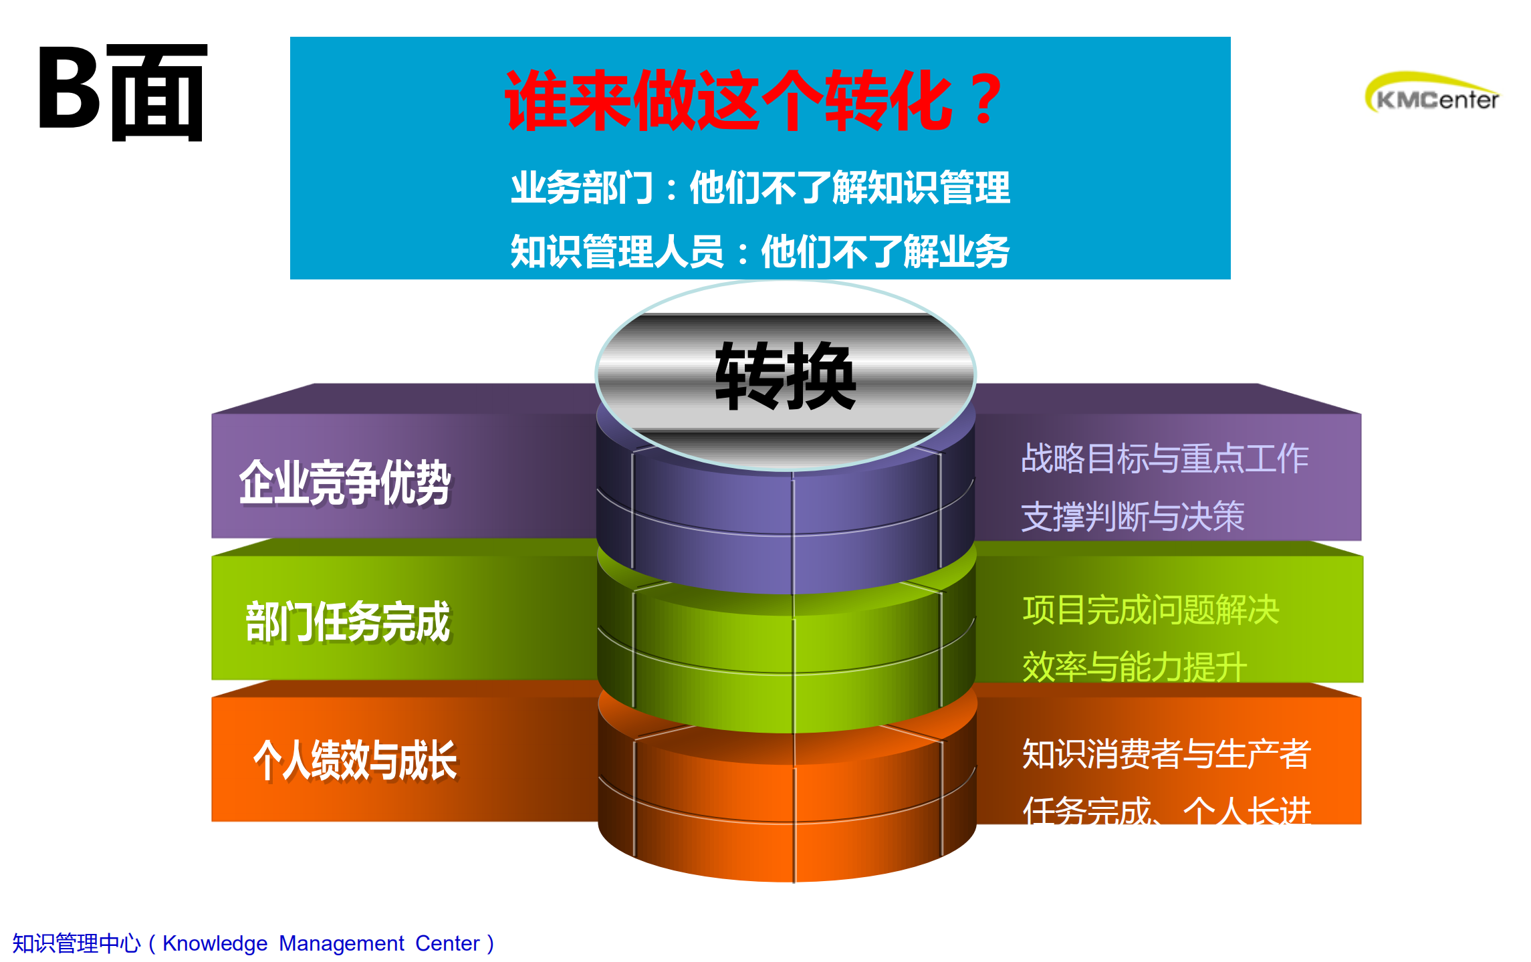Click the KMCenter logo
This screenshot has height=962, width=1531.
click(1432, 94)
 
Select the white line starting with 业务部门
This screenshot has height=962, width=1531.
click(760, 188)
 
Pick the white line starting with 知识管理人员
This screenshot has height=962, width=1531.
click(759, 252)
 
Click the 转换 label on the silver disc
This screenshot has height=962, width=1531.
click(786, 376)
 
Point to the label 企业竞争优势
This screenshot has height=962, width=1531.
click(344, 482)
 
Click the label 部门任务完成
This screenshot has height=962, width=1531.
click(348, 622)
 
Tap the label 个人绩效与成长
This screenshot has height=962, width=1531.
click(355, 760)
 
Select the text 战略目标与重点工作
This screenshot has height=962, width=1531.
click(1165, 459)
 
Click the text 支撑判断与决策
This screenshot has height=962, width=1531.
click(1133, 516)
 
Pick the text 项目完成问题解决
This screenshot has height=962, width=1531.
click(1151, 610)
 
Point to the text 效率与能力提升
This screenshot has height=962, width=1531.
click(1135, 667)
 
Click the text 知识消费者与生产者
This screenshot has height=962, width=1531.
click(1167, 754)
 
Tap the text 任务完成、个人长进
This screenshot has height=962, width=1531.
click(1167, 810)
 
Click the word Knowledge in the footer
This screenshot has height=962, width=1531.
click(215, 943)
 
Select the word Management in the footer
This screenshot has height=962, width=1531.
click(341, 943)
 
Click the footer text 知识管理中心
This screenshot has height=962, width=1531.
click(76, 943)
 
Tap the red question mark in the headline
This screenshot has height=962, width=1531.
click(985, 101)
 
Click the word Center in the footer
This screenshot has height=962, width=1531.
click(447, 943)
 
